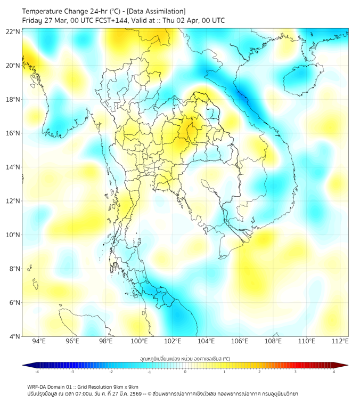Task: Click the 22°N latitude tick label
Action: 13,31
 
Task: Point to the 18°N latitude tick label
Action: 13,100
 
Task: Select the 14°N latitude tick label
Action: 13,167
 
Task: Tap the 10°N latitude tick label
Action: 13,235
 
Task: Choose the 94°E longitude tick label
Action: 39,342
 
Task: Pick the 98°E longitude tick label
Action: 106,342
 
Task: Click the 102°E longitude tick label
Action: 173,342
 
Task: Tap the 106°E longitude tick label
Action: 240,342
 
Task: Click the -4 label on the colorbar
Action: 37,372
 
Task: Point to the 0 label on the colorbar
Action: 185,372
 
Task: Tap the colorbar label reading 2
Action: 259,372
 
